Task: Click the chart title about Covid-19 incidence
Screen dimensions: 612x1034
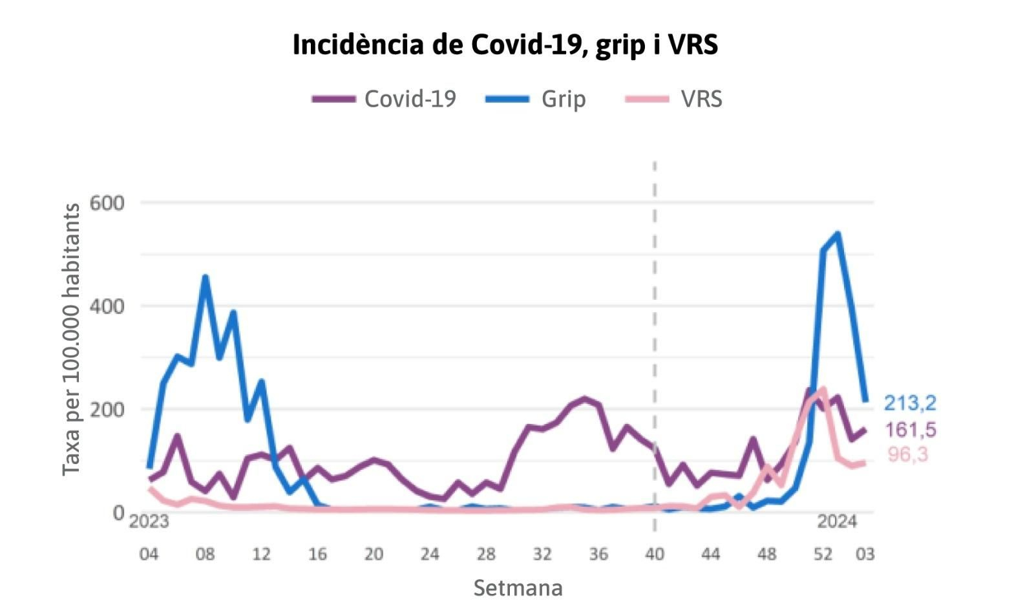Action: [x=505, y=45]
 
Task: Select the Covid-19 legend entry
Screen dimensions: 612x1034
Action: [x=385, y=99]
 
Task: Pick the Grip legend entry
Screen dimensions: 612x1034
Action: [x=536, y=99]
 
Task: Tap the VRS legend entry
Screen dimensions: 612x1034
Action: [x=675, y=99]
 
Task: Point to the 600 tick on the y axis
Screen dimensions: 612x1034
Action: [x=107, y=203]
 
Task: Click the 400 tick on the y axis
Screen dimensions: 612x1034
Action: [x=107, y=306]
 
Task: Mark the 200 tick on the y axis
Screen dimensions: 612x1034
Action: [x=107, y=410]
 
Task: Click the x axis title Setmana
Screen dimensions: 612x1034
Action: [x=518, y=588]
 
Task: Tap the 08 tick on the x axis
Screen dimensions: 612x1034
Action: [x=205, y=554]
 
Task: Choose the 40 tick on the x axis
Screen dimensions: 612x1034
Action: [x=655, y=554]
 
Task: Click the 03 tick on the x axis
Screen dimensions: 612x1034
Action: [x=865, y=554]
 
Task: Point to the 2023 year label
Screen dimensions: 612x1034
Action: [x=149, y=522]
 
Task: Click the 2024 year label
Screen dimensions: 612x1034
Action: [x=837, y=522]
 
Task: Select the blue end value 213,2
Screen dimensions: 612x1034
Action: [x=910, y=403]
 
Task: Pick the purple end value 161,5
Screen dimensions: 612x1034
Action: [x=910, y=430]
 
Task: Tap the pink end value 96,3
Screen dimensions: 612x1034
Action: [x=907, y=455]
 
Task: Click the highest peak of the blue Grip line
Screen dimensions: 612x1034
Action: [x=838, y=234]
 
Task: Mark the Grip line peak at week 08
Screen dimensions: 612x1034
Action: [x=205, y=277]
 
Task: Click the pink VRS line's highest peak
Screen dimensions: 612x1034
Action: [x=823, y=389]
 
